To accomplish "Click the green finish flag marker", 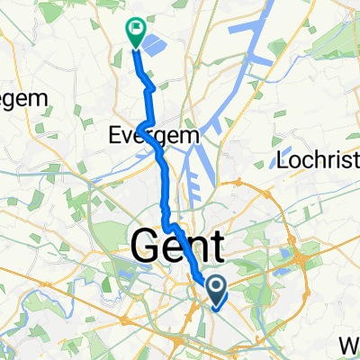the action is [x=135, y=32].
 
